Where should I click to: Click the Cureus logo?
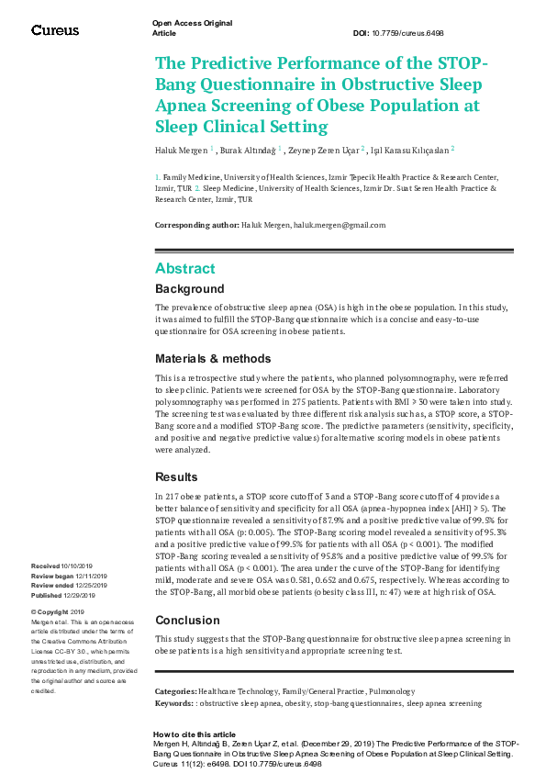tap(55, 30)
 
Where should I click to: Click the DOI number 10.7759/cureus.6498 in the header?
tap(411, 32)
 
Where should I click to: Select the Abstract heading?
tap(184, 269)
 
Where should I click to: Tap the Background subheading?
tap(189, 289)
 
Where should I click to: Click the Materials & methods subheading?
tap(213, 358)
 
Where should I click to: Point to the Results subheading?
tap(176, 477)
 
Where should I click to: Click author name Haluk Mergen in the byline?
tap(181, 149)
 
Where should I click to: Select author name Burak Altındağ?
tap(248, 149)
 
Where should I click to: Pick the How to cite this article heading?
tap(194, 734)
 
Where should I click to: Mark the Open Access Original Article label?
tap(192, 27)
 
